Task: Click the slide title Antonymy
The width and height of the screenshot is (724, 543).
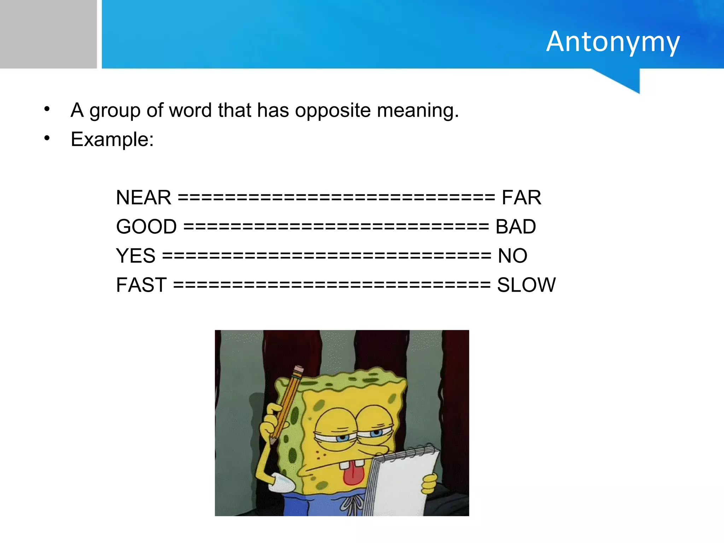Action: (613, 42)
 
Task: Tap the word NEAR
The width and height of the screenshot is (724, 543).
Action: (144, 197)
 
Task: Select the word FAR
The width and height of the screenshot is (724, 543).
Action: (521, 197)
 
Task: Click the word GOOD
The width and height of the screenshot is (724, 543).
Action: (146, 227)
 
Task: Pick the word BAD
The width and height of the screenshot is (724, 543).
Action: (515, 227)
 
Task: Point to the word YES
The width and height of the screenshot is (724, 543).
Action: (136, 256)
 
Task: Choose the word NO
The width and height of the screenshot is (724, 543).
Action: (512, 256)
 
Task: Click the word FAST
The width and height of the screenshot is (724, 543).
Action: (141, 285)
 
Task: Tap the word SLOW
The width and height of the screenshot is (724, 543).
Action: (526, 285)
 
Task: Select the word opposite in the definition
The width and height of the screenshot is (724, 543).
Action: (333, 111)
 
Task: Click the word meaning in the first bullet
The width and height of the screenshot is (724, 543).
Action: (418, 111)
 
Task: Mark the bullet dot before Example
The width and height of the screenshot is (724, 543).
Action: (47, 138)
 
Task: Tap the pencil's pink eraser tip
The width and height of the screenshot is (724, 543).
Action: (298, 370)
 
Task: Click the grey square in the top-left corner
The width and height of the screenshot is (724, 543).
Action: (48, 34)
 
